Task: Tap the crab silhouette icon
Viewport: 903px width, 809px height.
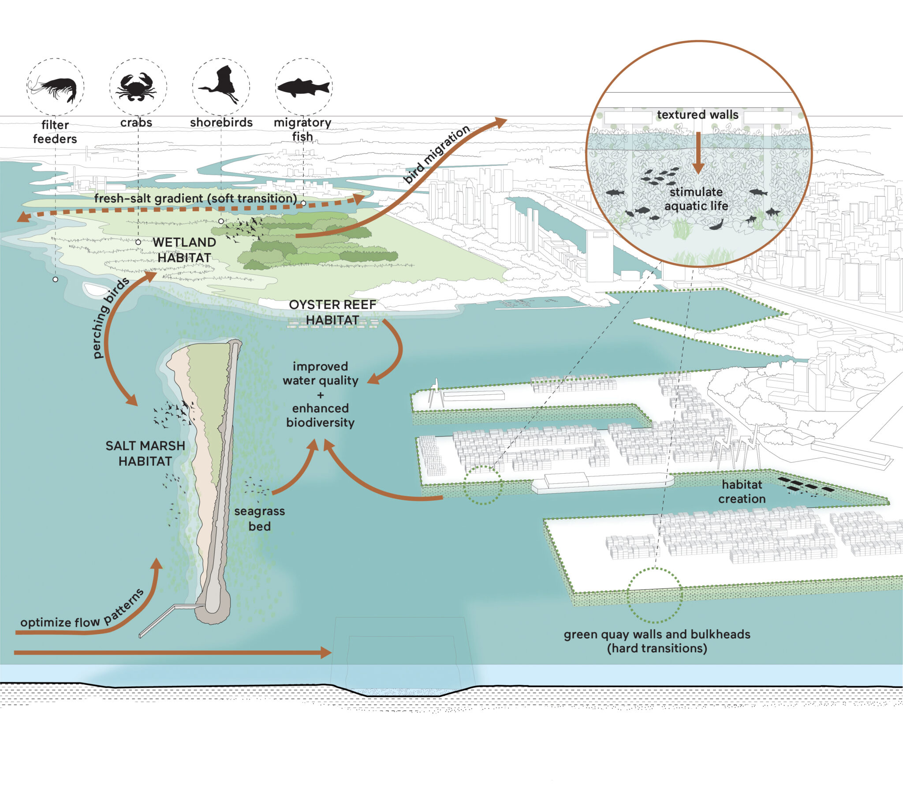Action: tap(136, 86)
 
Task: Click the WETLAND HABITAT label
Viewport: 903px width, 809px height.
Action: tap(184, 250)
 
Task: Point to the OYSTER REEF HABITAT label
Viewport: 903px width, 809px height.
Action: tap(332, 312)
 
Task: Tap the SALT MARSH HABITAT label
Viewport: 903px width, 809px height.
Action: tap(146, 453)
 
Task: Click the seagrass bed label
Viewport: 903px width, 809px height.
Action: tap(260, 518)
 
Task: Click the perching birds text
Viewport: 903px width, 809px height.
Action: tap(111, 317)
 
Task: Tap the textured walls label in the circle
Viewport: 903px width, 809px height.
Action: tap(698, 115)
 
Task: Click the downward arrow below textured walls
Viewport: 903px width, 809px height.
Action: tap(698, 153)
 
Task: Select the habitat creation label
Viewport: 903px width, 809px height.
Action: tap(742, 491)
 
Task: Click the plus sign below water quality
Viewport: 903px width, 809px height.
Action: tap(321, 395)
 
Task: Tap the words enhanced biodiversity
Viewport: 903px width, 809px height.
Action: tap(321, 415)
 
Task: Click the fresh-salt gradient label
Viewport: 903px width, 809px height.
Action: tap(195, 198)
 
